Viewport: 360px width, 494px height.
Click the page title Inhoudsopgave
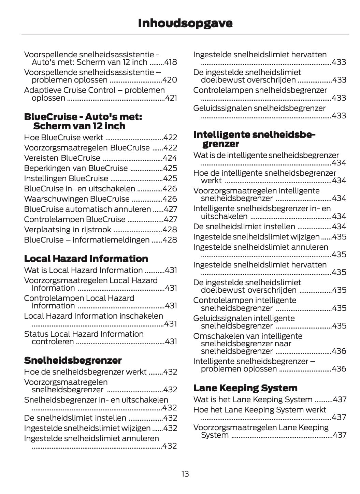[x=185, y=23]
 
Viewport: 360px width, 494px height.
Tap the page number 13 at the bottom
[x=185, y=474]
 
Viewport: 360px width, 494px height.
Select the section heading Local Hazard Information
[x=86, y=259]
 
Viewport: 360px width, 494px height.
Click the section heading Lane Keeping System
[x=245, y=388]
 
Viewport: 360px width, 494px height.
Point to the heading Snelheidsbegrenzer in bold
[x=73, y=360]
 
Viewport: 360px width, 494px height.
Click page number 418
[x=170, y=62]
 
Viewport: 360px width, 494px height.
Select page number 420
[x=170, y=80]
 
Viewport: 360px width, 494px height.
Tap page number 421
[x=171, y=98]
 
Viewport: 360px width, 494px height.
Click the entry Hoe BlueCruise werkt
[x=63, y=137]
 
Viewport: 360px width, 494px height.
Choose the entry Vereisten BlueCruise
[x=62, y=158]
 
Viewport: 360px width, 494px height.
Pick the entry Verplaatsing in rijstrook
[x=68, y=230]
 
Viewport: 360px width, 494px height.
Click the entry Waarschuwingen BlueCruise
[x=77, y=199]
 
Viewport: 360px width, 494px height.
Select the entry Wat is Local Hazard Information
[x=83, y=270]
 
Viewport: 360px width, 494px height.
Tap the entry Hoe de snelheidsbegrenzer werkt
[x=85, y=372]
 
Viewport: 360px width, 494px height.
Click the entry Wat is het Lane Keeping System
[x=253, y=399]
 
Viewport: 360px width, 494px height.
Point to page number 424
[x=170, y=158]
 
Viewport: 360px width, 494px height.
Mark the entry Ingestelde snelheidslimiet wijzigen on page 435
[x=256, y=237]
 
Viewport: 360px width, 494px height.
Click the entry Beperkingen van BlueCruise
[x=76, y=168]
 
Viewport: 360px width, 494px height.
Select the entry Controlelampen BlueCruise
[x=75, y=219]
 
